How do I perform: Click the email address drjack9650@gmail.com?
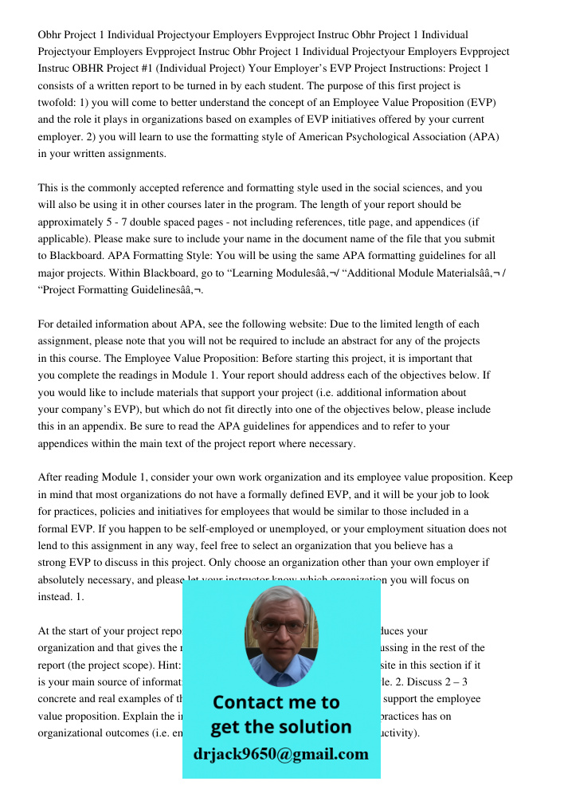[x=280, y=754]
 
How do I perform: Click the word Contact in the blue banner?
[x=249, y=702]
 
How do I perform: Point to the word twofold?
[x=57, y=103]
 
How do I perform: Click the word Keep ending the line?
[x=499, y=477]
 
